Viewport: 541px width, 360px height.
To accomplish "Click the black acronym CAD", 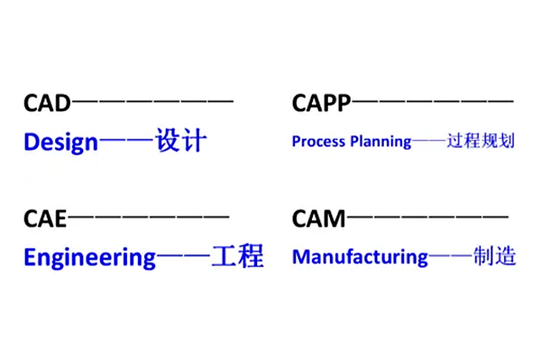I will click(x=46, y=104).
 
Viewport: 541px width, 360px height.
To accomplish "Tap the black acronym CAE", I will click(x=45, y=218).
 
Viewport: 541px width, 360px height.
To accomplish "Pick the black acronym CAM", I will click(x=319, y=218).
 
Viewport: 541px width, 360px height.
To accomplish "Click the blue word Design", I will click(x=60, y=143).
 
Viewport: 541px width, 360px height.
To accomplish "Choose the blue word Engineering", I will click(x=89, y=258).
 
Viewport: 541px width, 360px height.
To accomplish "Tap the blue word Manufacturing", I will click(x=360, y=257).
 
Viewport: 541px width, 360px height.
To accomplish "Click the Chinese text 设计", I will click(x=181, y=142).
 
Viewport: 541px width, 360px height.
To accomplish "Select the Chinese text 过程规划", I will click(x=481, y=142).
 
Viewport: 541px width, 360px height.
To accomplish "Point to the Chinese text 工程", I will click(x=237, y=257).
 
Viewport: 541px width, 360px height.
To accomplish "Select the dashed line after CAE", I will click(x=149, y=217).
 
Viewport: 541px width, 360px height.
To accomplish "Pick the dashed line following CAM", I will click(x=427, y=217).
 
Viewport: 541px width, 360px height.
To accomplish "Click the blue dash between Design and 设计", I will click(x=126, y=143).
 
